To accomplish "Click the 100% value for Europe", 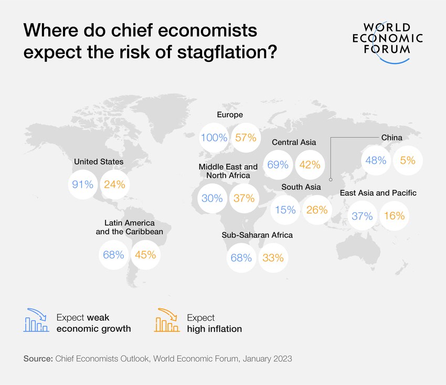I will pos(214,138).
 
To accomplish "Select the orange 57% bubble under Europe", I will pos(246,138).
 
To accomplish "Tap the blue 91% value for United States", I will pos(83,184).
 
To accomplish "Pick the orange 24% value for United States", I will pos(114,184).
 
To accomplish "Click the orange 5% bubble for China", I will pos(408,161).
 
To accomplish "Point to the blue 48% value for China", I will pos(376,161).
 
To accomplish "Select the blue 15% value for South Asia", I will pos(285,210).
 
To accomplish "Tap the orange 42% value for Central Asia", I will pos(310,165).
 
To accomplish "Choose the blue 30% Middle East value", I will pos(212,198).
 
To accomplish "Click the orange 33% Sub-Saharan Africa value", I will pos(273,258).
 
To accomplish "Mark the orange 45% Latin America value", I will pos(145,255).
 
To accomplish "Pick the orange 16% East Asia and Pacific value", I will pos(394,216).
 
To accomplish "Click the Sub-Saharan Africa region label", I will pos(257,235).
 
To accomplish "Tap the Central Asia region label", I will pos(293,142).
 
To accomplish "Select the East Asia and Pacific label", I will pos(378,193).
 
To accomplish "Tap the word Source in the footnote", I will pos(37,359).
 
